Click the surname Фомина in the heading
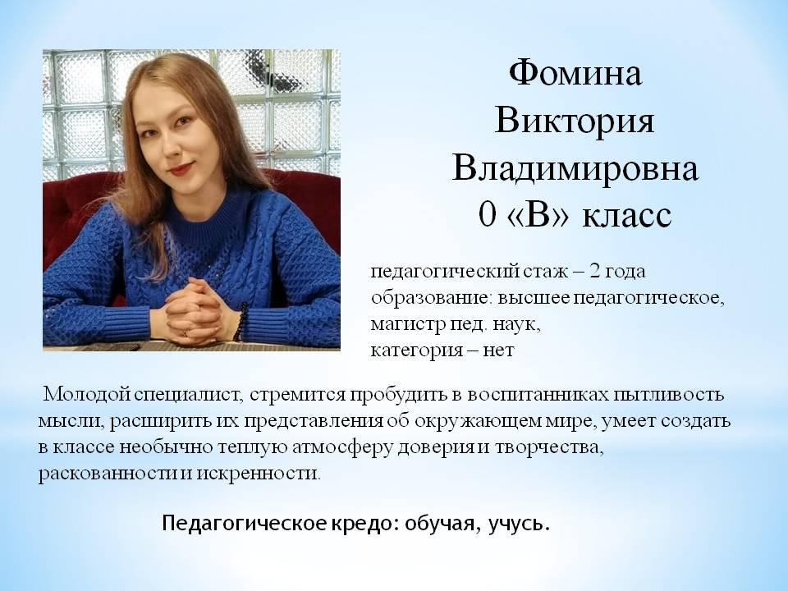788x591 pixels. click(575, 73)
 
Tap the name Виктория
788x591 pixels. click(575, 121)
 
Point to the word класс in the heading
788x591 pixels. click(627, 217)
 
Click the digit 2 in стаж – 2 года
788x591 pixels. click(594, 272)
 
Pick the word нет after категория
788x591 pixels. click(498, 350)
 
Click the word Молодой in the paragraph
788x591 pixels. click(88, 394)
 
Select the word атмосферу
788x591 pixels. click(341, 447)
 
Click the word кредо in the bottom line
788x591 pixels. click(360, 524)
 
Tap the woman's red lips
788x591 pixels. click(181, 167)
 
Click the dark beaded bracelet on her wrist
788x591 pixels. click(240, 323)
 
